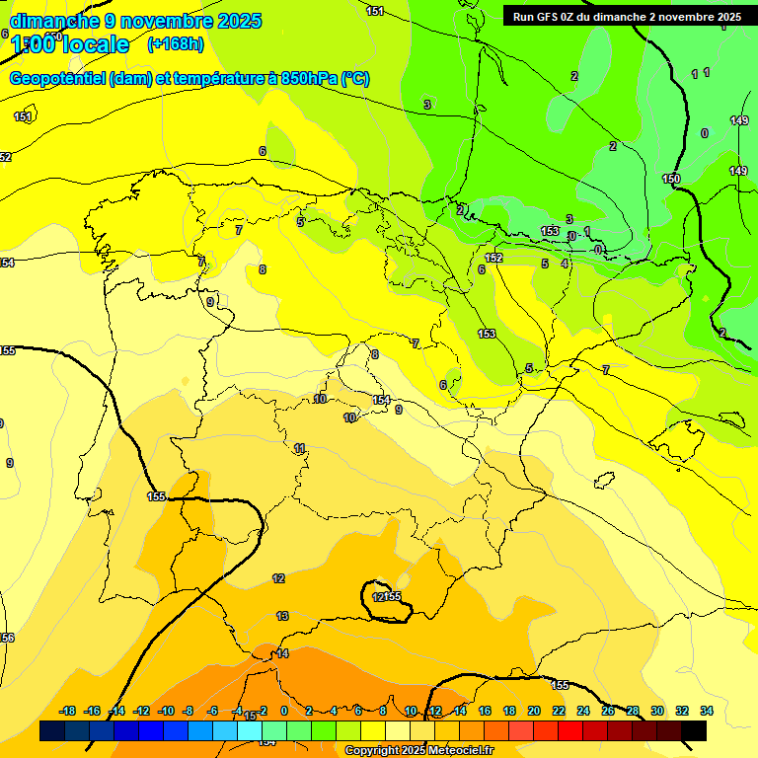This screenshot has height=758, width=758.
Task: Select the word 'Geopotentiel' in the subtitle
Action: pos(58,79)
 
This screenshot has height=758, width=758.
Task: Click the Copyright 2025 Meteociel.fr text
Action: pos(418,751)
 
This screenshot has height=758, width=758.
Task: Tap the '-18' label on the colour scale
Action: pos(67,711)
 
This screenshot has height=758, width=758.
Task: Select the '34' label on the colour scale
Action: pos(707,711)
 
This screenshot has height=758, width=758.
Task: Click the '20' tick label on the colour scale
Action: pos(534,711)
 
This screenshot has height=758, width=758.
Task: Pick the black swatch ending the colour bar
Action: pos(694,731)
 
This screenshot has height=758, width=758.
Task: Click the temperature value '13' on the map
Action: pos(282,616)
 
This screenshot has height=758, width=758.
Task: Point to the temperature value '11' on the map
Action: pos(299,448)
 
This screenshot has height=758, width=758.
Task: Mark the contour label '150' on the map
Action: pos(671,179)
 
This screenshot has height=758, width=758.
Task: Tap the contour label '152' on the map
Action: pos(494,258)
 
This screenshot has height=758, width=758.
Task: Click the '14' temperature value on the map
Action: pos(282,653)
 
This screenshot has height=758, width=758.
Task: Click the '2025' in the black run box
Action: pos(728,17)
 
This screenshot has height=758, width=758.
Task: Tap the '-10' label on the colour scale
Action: pos(165,711)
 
